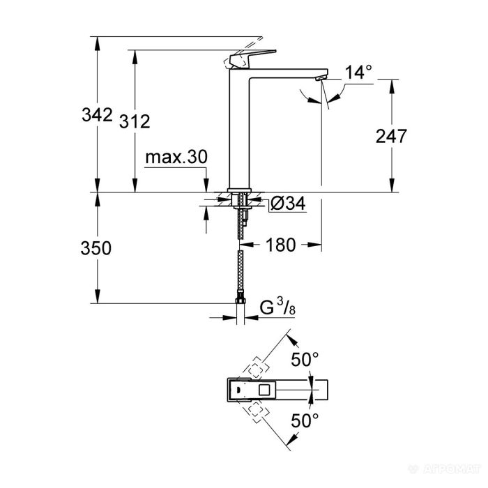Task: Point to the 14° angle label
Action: tap(358, 72)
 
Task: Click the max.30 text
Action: tap(176, 158)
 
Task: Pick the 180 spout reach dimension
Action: tap(281, 245)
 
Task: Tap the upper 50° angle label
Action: tap(305, 360)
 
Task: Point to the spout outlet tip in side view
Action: tap(320, 79)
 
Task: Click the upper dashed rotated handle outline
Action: tap(256, 368)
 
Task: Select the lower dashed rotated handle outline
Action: tap(255, 411)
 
